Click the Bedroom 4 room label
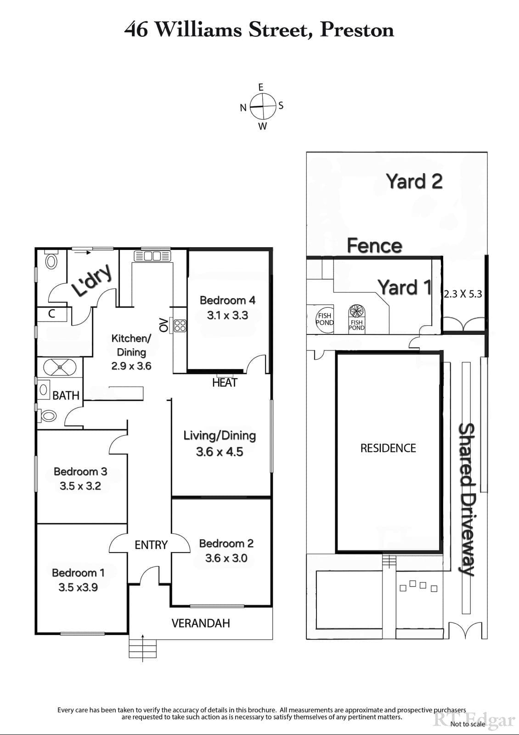(227, 300)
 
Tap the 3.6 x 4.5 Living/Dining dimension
(220, 452)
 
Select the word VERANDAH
(201, 623)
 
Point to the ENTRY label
(151, 545)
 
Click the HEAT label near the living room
(225, 383)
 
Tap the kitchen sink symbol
(152, 256)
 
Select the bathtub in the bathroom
(60, 367)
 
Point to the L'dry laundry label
(92, 280)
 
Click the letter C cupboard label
(51, 314)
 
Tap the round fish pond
(324, 319)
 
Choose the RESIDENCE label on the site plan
(388, 448)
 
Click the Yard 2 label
(414, 181)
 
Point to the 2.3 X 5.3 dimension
(463, 294)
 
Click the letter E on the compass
(261, 87)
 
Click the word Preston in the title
(356, 30)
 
